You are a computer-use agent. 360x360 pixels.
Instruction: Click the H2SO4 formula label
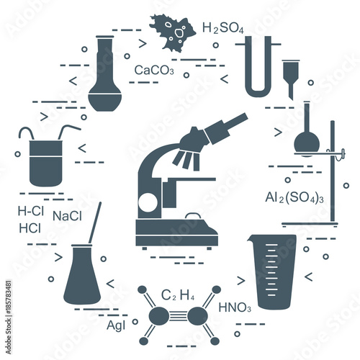click(x=223, y=28)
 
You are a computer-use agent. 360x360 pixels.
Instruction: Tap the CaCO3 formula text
click(x=154, y=70)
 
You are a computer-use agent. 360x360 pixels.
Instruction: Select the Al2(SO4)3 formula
click(x=294, y=198)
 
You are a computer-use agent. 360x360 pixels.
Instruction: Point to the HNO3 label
click(x=235, y=307)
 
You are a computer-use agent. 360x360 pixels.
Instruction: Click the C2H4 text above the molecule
click(x=178, y=295)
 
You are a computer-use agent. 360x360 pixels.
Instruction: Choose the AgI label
click(x=116, y=325)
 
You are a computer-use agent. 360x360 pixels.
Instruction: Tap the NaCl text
click(x=67, y=216)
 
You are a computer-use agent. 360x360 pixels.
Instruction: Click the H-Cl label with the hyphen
click(x=31, y=211)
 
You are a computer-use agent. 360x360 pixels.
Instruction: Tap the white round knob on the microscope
click(x=148, y=202)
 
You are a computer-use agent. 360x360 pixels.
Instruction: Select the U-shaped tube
click(x=258, y=67)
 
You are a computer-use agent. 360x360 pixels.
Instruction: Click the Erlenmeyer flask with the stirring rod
click(x=82, y=276)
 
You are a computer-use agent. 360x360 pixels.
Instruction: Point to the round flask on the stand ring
click(x=307, y=143)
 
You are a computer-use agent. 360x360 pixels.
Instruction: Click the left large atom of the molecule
click(x=159, y=315)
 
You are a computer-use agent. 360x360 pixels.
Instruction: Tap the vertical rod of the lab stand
click(x=333, y=171)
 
